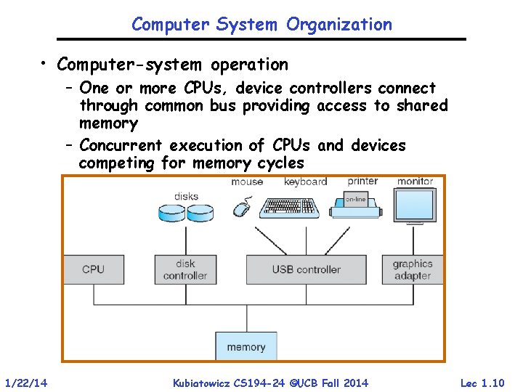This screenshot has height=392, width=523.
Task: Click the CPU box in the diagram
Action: pyautogui.click(x=93, y=269)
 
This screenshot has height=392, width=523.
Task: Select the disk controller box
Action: pyautogui.click(x=185, y=269)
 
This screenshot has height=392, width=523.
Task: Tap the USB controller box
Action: pyautogui.click(x=306, y=269)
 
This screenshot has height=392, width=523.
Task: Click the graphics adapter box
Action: pyautogui.click(x=412, y=269)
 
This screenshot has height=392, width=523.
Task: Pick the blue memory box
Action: pyautogui.click(x=246, y=346)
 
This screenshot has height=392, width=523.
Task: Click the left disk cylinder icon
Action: pyautogui.click(x=172, y=212)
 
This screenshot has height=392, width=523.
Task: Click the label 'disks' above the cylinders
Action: pyautogui.click(x=186, y=196)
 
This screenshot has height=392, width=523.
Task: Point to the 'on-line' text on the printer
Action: pyautogui.click(x=356, y=199)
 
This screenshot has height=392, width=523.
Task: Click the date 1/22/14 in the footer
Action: pyautogui.click(x=26, y=383)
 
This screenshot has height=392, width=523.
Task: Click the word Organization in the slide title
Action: pyautogui.click(x=338, y=24)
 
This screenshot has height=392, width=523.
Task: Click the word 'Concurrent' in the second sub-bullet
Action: pyautogui.click(x=122, y=145)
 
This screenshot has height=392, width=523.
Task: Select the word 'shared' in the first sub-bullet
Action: pyautogui.click(x=421, y=106)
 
